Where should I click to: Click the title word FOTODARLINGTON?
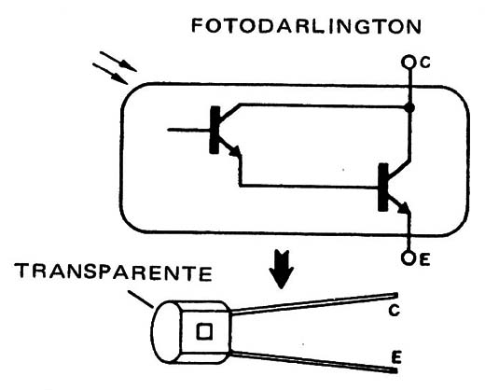click(306, 26)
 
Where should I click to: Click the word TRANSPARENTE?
click(114, 272)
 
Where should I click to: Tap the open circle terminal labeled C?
click(408, 62)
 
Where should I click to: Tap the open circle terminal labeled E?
click(408, 258)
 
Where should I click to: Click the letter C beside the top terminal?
click(425, 63)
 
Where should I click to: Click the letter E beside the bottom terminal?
click(424, 259)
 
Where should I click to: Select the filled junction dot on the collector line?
click(410, 108)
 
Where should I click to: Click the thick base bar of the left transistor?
click(215, 130)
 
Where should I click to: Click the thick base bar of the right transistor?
click(383, 188)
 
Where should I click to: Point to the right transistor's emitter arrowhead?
click(404, 208)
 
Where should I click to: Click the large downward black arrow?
click(282, 270)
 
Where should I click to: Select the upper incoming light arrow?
click(118, 62)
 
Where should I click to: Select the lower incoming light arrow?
click(110, 74)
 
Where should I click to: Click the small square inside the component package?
click(204, 331)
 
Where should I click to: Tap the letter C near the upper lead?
click(394, 311)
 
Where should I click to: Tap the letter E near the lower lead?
click(395, 357)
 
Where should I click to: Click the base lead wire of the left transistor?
click(189, 130)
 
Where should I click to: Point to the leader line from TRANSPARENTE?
click(141, 299)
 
